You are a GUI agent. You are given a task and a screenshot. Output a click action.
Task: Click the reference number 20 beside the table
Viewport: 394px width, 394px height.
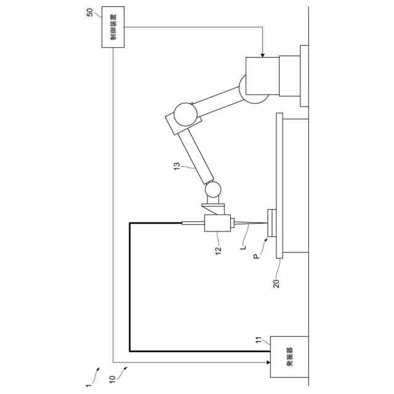pyautogui.click(x=277, y=284)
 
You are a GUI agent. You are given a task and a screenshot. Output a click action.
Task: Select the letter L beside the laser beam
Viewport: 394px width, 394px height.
pyautogui.click(x=244, y=247)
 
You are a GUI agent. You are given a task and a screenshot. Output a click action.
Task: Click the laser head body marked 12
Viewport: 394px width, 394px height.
pyautogui.click(x=218, y=223)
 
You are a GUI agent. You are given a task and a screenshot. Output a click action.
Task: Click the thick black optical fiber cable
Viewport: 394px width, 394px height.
pyautogui.click(x=130, y=289)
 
